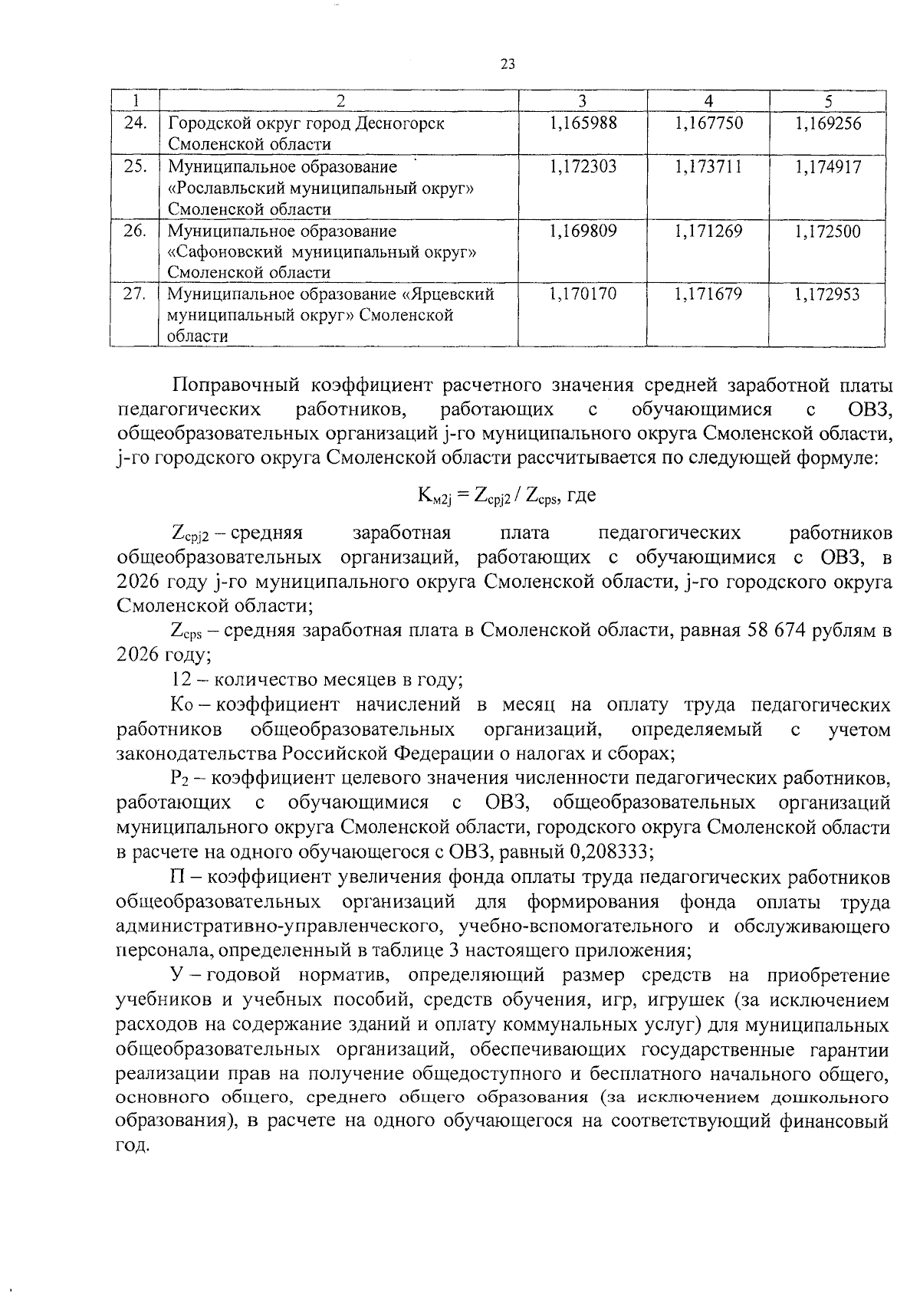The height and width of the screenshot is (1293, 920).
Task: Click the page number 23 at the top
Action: pyautogui.click(x=508, y=65)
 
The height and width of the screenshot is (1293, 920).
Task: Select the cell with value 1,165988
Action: pyautogui.click(x=583, y=123)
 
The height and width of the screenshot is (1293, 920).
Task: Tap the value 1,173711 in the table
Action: pyautogui.click(x=708, y=166)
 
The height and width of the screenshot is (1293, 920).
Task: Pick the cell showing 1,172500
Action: pyautogui.click(x=827, y=231)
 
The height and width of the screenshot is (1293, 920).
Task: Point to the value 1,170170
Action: pyautogui.click(x=583, y=294)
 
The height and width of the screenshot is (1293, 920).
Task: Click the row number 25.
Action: pyautogui.click(x=135, y=166)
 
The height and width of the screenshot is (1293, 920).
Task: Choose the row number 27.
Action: pyautogui.click(x=135, y=294)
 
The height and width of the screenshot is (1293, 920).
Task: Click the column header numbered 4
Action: pyautogui.click(x=708, y=100)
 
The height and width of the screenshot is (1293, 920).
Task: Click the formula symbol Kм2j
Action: pyautogui.click(x=437, y=497)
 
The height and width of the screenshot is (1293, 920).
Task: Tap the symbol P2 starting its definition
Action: pyautogui.click(x=179, y=779)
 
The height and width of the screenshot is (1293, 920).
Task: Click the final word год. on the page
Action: pyautogui.click(x=131, y=1146)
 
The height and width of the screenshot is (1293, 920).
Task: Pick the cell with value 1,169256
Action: pyautogui.click(x=827, y=123)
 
